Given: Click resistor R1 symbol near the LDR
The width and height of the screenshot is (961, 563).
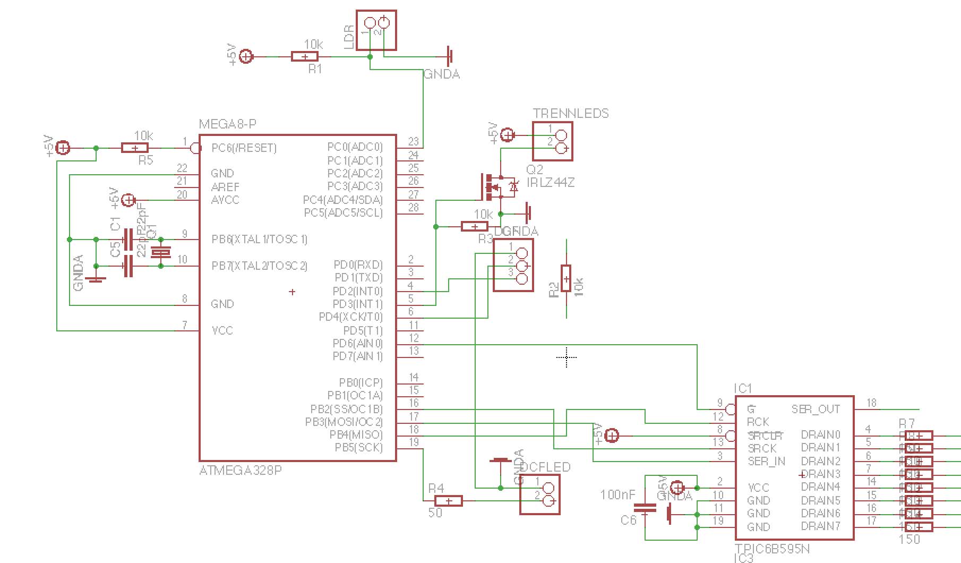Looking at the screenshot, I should (305, 56).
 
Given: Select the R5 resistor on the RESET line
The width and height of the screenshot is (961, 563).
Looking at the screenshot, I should (135, 148).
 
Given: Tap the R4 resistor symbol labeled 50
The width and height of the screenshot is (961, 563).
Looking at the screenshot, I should (449, 500).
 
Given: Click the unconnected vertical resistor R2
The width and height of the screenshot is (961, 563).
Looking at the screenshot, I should (567, 278).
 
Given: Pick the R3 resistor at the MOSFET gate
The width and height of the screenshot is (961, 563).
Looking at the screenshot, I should (475, 227).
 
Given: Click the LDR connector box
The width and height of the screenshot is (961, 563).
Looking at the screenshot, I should (376, 30).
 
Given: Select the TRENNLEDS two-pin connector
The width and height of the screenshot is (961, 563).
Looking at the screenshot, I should (553, 141).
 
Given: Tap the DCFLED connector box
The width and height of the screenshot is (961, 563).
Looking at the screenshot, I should (539, 494).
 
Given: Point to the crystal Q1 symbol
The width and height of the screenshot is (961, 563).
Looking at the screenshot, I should (160, 253).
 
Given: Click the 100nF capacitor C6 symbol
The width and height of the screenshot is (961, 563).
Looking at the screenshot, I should (645, 510).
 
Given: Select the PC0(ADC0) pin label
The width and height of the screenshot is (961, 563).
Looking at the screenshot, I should (355, 147).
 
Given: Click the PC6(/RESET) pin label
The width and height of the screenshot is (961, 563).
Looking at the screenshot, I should (244, 148).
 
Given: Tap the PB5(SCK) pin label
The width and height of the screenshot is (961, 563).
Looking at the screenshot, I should (358, 448).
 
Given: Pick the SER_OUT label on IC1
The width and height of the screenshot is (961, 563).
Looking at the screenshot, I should (816, 409).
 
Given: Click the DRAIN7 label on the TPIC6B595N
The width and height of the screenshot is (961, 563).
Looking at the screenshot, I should (820, 526).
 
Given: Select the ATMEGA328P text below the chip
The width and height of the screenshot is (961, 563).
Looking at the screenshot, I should (240, 471).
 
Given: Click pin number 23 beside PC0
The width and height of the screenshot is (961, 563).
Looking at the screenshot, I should (413, 141).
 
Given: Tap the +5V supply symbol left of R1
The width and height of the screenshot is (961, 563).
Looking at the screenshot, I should (246, 56).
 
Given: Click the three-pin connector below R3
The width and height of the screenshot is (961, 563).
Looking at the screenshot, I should (513, 265).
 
